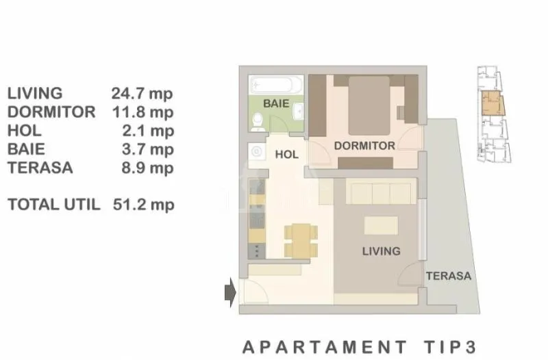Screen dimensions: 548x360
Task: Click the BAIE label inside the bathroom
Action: tap(276, 103)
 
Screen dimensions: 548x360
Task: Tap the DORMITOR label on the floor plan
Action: tap(364, 146)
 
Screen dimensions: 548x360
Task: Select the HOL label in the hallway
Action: tap(286, 155)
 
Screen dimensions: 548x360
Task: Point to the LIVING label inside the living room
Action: tap(382, 251)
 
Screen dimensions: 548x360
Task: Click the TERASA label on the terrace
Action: tap(449, 276)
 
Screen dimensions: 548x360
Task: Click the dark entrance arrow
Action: tap(230, 292)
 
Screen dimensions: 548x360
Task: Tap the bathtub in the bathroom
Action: tap(276, 84)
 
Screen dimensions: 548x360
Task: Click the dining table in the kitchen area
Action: tap(301, 241)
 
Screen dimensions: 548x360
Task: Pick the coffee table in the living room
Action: tap(381, 225)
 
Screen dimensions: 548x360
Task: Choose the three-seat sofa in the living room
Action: tap(382, 191)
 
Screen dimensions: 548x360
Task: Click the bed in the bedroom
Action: tap(369, 105)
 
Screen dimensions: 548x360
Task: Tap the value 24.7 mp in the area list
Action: tap(142, 94)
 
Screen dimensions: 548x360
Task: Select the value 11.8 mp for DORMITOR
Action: tap(142, 112)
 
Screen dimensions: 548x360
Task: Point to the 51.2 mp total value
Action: tap(143, 205)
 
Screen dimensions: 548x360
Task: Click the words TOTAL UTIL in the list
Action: tap(54, 205)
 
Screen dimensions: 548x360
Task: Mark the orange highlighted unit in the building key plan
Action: tap(493, 103)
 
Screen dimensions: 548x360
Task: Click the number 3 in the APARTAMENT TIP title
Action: tap(471, 348)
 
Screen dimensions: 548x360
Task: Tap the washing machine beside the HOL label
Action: tap(257, 151)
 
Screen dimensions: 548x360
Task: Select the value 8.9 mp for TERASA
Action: tap(147, 168)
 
